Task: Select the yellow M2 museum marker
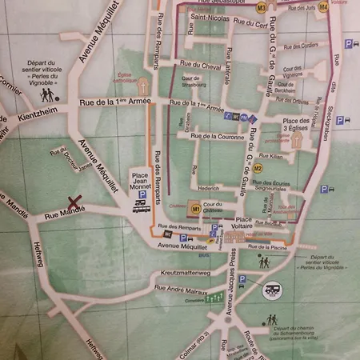point(258,169)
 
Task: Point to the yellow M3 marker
point(262,7)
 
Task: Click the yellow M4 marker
point(323,6)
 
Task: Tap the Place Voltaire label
point(243,226)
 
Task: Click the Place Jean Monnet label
point(140,181)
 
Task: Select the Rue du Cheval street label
point(200,66)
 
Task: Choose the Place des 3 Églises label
point(297,125)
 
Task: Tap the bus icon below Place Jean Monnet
point(140,205)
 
